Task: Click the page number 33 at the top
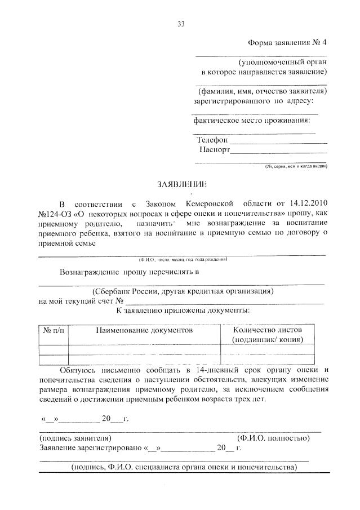pyautogui.click(x=181, y=24)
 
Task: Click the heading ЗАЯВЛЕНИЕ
pyautogui.click(x=181, y=184)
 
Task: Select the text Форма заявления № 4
pyautogui.click(x=287, y=43)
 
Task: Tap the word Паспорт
pyautogui.click(x=215, y=150)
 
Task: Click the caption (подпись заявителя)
pyautogui.click(x=75, y=437)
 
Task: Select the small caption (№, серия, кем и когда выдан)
pyautogui.click(x=296, y=166)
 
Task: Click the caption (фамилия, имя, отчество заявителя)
pyautogui.click(x=261, y=91)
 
